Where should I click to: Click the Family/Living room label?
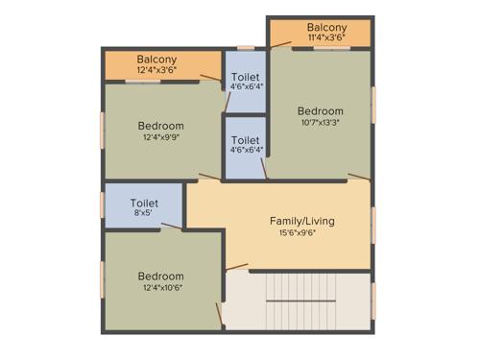click(x=301, y=221)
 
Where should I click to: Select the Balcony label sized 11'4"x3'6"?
click(x=326, y=28)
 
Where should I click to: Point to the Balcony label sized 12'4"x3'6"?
click(x=156, y=59)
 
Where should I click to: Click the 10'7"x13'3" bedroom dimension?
click(x=319, y=122)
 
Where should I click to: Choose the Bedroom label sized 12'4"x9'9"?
click(x=160, y=126)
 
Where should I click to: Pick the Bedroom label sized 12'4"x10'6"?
click(x=160, y=276)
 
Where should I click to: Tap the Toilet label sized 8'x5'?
click(x=144, y=203)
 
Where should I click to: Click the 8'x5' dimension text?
click(x=144, y=214)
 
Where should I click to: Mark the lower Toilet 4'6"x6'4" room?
click(x=245, y=145)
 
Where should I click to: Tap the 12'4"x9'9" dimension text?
click(x=160, y=138)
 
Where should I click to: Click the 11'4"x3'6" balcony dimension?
click(x=326, y=39)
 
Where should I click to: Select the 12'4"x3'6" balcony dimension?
click(x=156, y=70)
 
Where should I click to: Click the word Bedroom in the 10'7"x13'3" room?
click(x=320, y=110)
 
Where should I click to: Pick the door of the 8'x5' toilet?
click(x=173, y=228)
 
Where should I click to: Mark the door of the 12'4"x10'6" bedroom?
click(x=236, y=266)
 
